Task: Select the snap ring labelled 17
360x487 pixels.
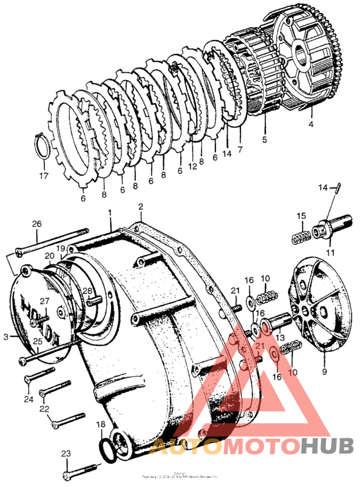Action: [x=41, y=148]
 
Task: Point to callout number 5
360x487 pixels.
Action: [x=264, y=138]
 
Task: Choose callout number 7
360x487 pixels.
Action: [x=240, y=150]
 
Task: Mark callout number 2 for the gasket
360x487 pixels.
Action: [x=140, y=207]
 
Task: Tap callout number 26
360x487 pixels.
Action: [x=37, y=224]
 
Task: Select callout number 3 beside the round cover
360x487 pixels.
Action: [x=6, y=336]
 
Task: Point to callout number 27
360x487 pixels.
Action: [x=45, y=301]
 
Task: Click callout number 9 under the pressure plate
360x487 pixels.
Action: [x=324, y=371]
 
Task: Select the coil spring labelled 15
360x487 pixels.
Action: [x=301, y=235]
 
